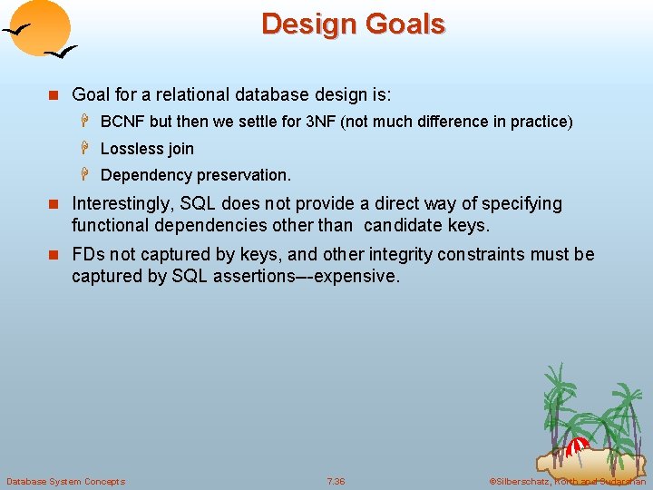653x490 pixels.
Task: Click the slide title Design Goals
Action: pyautogui.click(x=353, y=24)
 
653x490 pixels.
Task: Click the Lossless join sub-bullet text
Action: pyautogui.click(x=147, y=149)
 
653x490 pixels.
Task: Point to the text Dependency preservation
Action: pyautogui.click(x=196, y=175)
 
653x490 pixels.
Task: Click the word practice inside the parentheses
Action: pyautogui.click(x=539, y=122)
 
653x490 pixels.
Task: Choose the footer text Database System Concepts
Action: pyautogui.click(x=65, y=481)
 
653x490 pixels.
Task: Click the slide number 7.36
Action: pyautogui.click(x=336, y=481)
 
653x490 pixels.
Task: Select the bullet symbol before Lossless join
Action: pyautogui.click(x=88, y=149)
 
